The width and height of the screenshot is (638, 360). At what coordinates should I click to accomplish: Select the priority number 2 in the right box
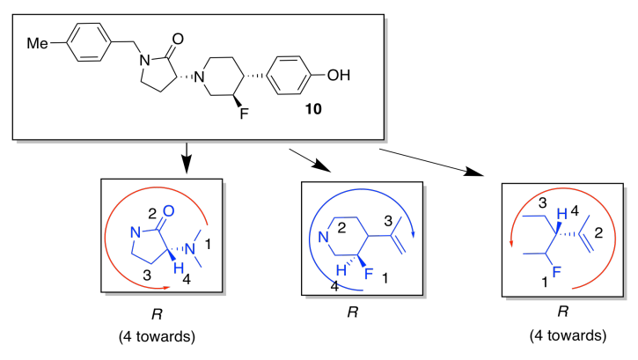click(x=598, y=234)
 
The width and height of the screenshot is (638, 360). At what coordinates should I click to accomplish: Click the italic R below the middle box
click(x=351, y=312)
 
